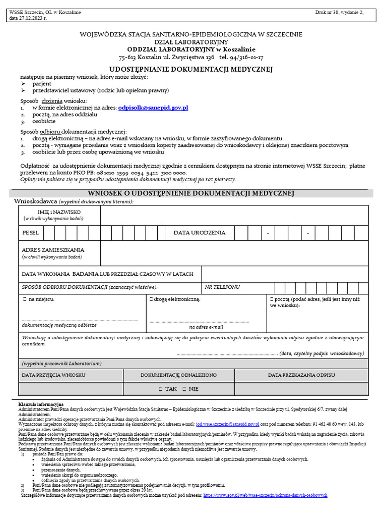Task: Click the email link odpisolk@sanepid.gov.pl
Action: [x=153, y=108]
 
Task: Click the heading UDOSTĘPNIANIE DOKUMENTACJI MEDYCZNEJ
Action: [x=191, y=69]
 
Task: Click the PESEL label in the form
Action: [x=31, y=233]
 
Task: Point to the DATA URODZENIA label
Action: [x=200, y=233]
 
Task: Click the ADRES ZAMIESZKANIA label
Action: [x=53, y=250]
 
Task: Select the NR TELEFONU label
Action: [x=222, y=287]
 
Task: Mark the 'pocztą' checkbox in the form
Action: [x=272, y=299]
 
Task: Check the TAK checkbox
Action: [x=160, y=389]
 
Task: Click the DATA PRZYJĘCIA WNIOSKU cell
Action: [x=53, y=375]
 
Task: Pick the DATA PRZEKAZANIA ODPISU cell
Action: [x=301, y=375]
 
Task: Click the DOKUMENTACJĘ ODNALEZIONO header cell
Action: [x=178, y=375]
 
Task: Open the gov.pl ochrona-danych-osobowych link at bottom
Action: [x=265, y=496]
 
